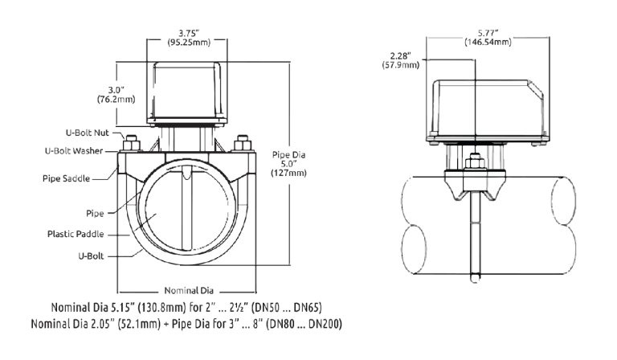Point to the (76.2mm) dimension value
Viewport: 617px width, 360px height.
[x=116, y=100]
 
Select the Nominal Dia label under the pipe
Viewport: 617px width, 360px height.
[x=188, y=290]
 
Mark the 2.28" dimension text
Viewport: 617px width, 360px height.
[x=400, y=55]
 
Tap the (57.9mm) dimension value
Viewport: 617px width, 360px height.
[x=400, y=66]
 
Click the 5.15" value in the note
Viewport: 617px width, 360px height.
[x=128, y=307]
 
